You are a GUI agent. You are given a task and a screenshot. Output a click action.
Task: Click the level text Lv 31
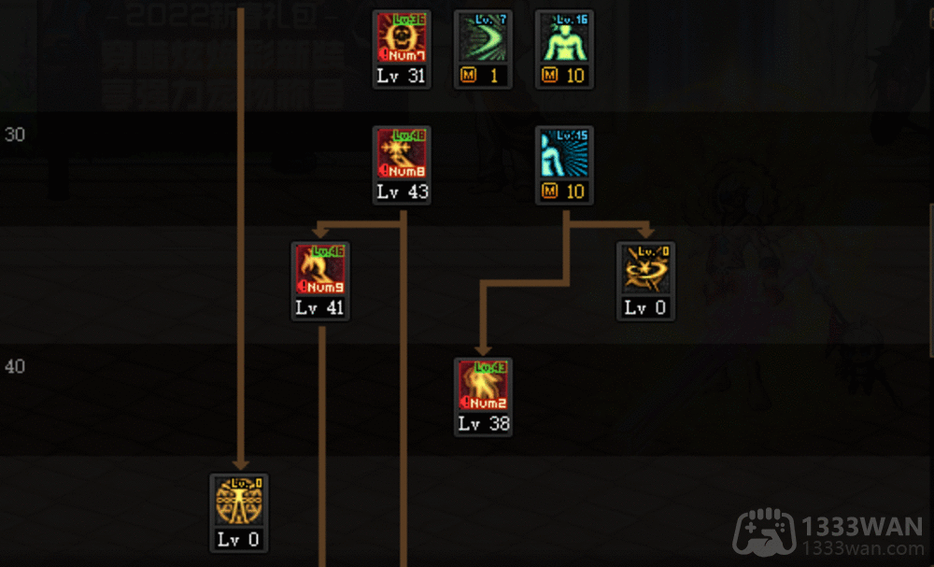point(402,77)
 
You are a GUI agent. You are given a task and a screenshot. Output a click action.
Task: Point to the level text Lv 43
point(402,192)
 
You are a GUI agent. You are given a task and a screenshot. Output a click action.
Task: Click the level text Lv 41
point(320,308)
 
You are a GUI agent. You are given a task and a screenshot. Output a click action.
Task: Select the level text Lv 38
point(483,424)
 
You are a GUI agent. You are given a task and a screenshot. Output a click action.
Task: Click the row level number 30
point(15,135)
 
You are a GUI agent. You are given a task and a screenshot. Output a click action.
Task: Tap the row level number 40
point(15,367)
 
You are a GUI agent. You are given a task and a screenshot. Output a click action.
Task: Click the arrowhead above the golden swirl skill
point(645,231)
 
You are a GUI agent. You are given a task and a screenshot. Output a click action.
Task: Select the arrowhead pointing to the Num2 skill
point(483,348)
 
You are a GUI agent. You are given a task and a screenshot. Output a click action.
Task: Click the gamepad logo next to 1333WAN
point(763,535)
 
